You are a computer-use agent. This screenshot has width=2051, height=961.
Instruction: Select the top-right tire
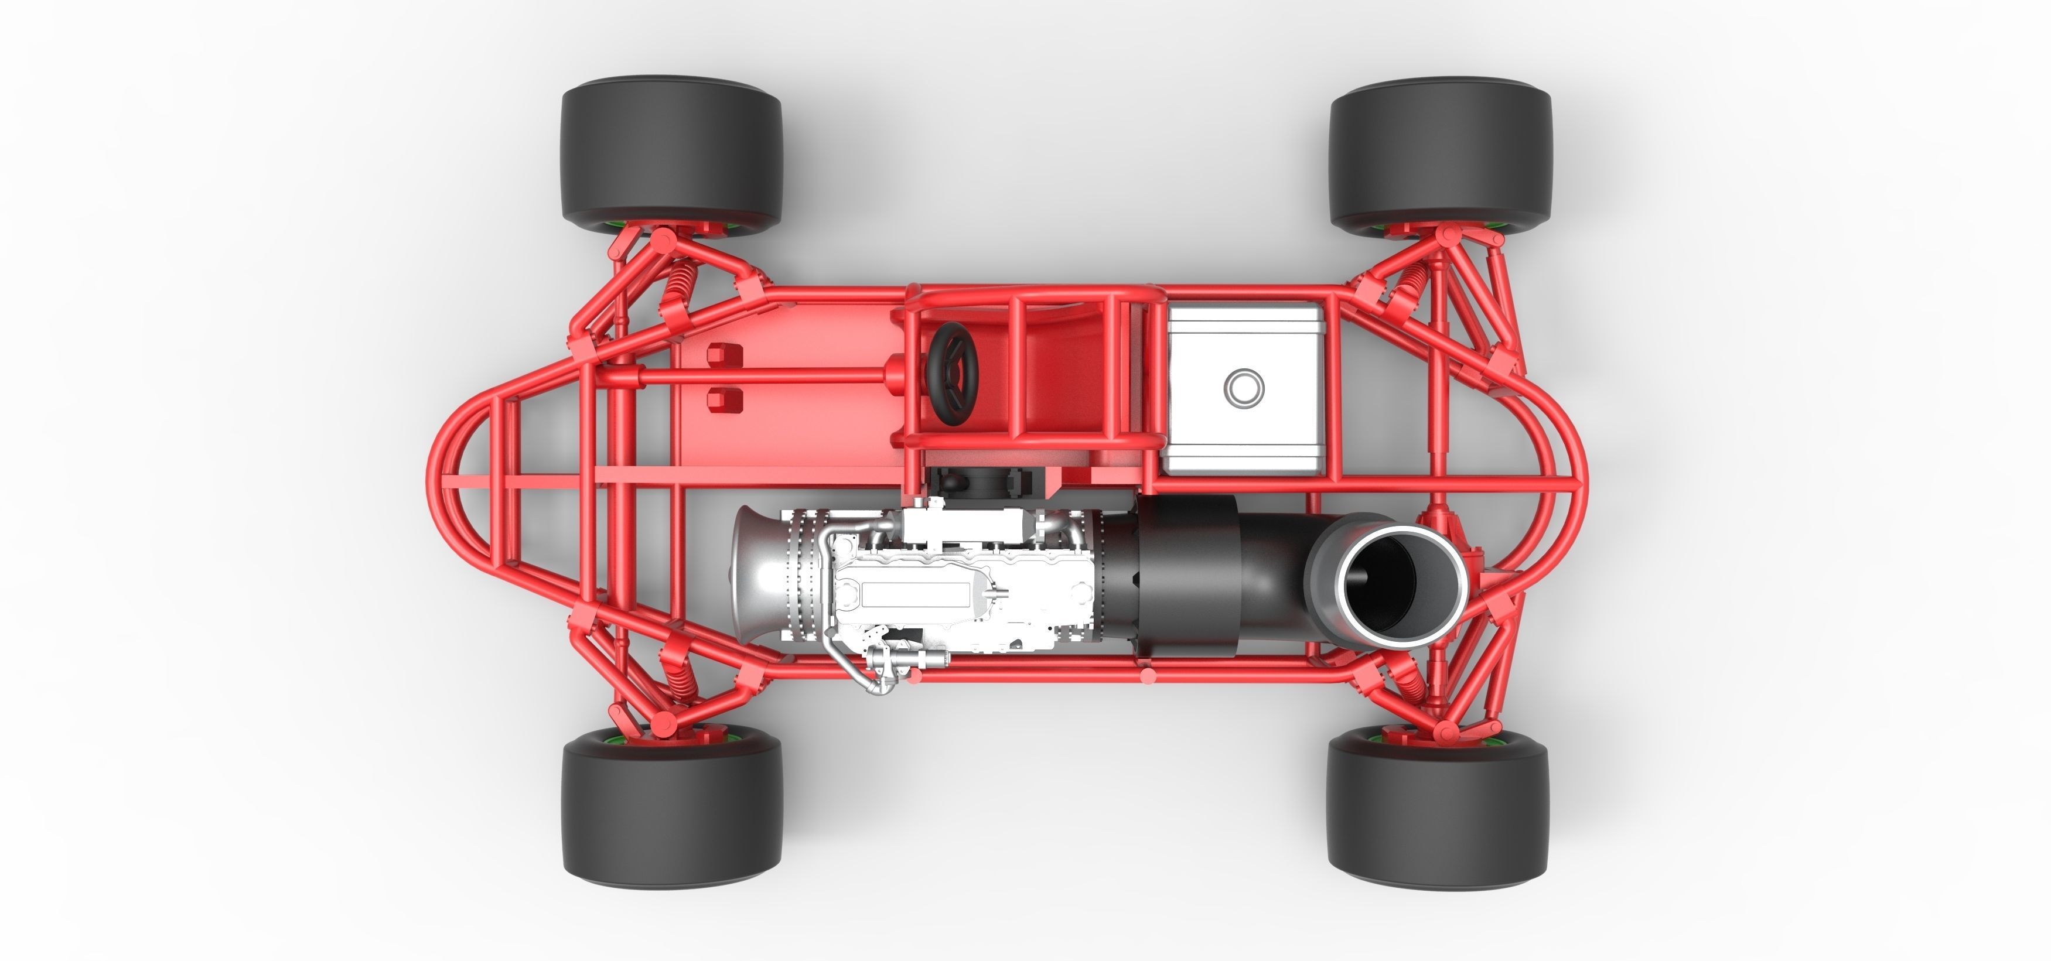[x=1439, y=153]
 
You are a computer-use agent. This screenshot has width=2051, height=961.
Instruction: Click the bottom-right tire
[x=1438, y=812]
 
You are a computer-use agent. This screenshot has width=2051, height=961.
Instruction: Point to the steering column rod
[x=765, y=374]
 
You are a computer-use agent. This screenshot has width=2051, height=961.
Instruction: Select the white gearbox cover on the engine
[x=916, y=593]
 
